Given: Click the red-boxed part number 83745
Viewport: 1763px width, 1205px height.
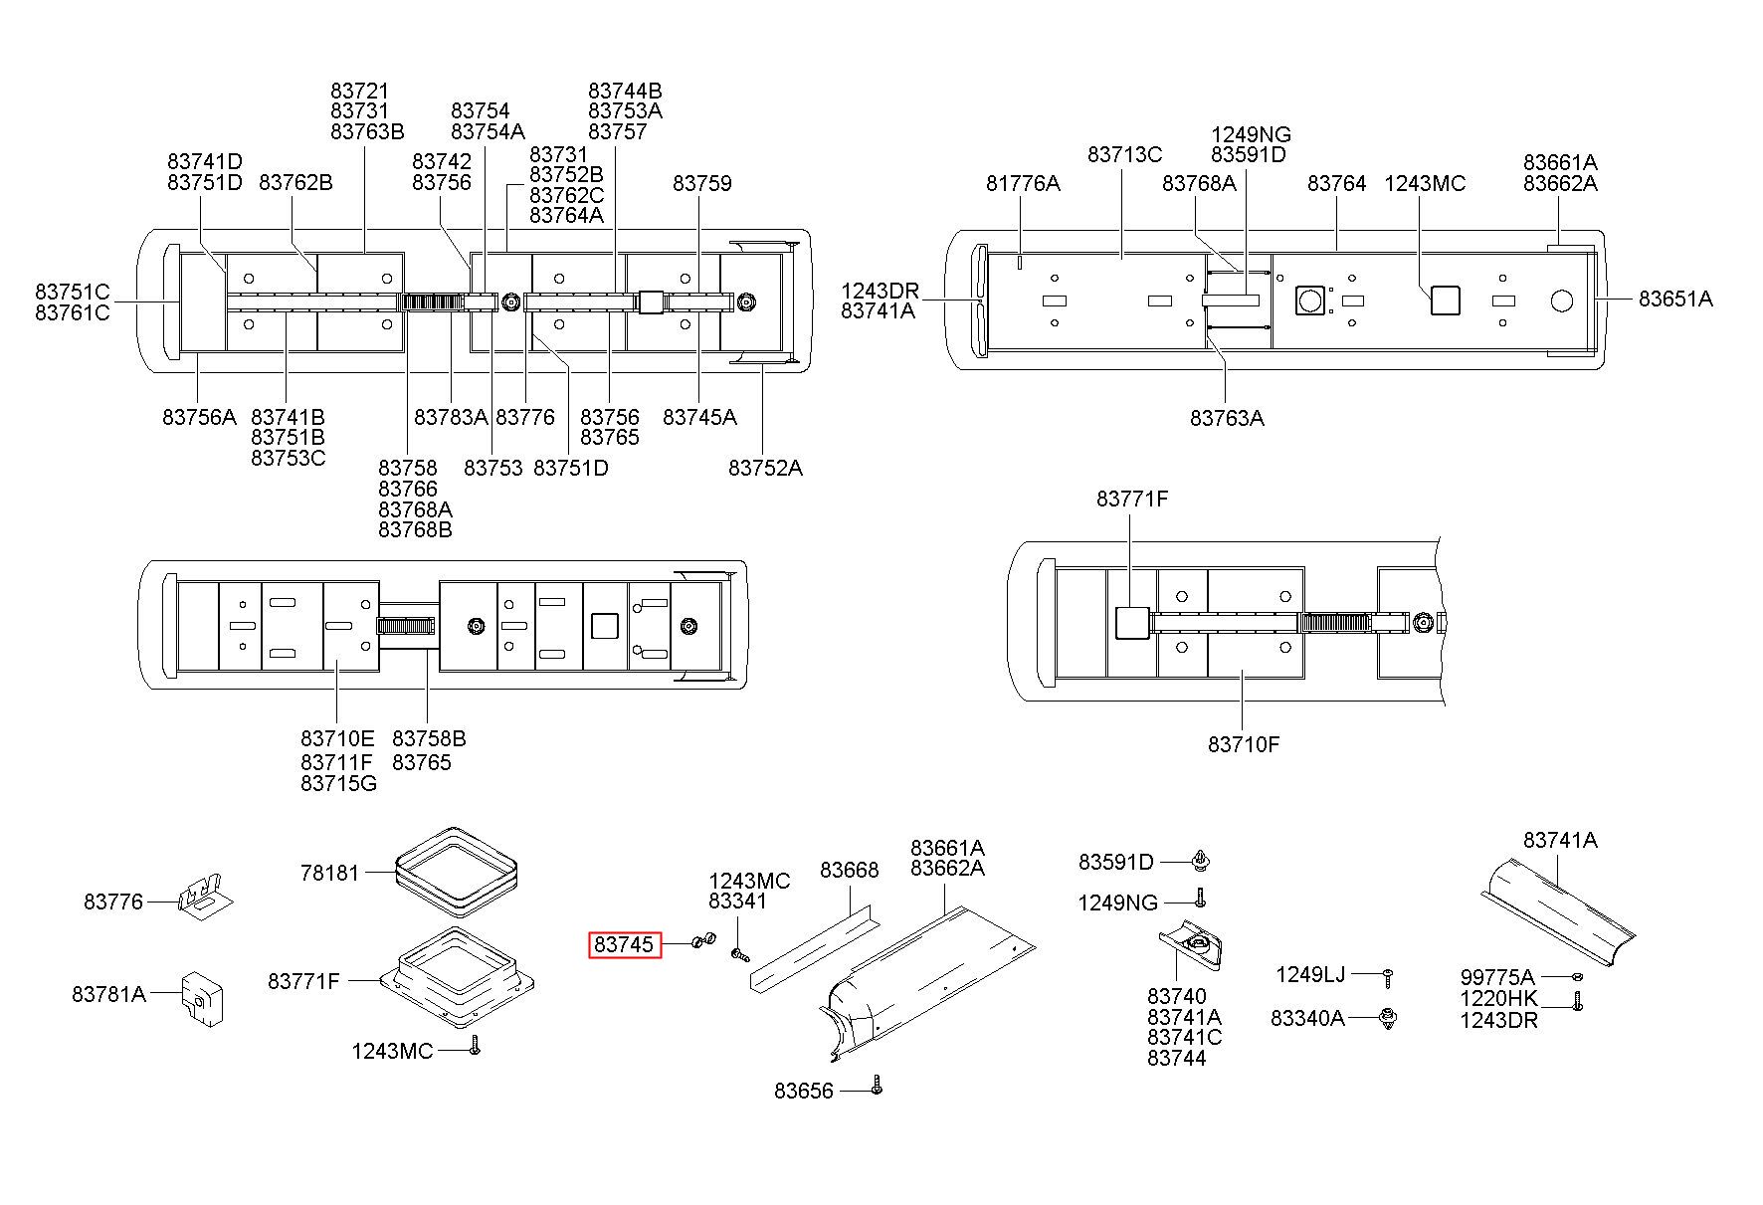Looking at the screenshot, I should pyautogui.click(x=623, y=944).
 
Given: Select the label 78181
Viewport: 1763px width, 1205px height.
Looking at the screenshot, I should pyautogui.click(x=329, y=873).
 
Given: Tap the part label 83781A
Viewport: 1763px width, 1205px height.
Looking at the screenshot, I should pyautogui.click(x=108, y=993).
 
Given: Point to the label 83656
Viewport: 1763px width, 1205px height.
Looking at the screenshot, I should pyautogui.click(x=804, y=1091).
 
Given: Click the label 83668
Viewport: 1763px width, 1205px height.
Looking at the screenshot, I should pyautogui.click(x=850, y=870).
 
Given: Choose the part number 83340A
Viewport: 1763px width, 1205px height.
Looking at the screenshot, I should pyautogui.click(x=1307, y=1018).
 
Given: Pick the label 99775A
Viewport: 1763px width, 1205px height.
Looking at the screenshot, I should pyautogui.click(x=1497, y=977).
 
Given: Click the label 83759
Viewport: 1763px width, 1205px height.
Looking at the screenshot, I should pyautogui.click(x=701, y=183).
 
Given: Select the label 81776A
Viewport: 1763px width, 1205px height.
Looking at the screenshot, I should pyautogui.click(x=1023, y=183).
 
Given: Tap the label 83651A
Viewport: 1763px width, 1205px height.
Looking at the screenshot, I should pyautogui.click(x=1675, y=298).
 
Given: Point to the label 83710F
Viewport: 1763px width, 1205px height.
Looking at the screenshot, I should pyautogui.click(x=1244, y=743).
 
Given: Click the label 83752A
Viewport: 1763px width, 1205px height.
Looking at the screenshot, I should pyautogui.click(x=765, y=467).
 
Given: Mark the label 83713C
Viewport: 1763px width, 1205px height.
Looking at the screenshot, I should pyautogui.click(x=1124, y=154).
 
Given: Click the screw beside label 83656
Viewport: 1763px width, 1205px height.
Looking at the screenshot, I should pyautogui.click(x=876, y=1085).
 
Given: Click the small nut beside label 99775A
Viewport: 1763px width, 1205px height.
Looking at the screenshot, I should pyautogui.click(x=1577, y=978).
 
